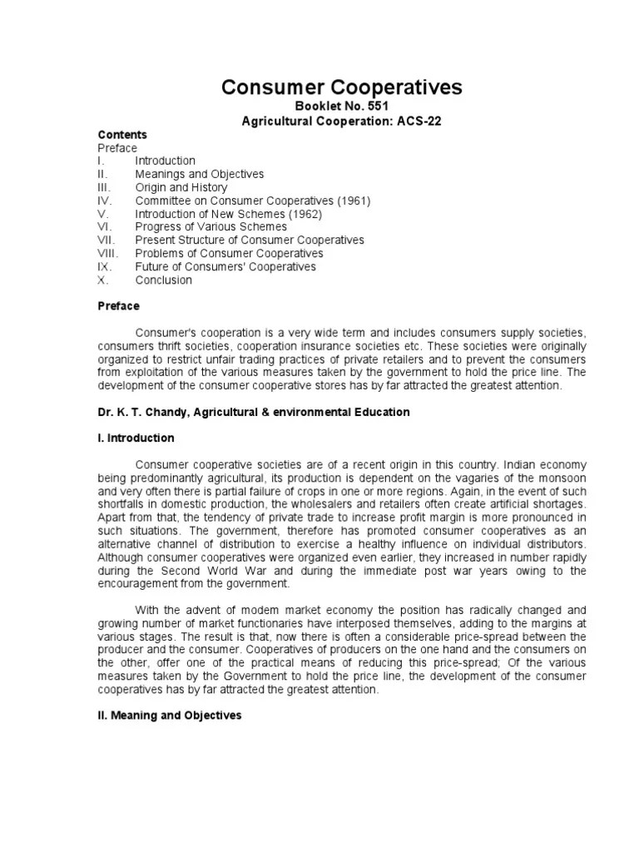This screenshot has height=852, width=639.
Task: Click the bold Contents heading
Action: (122, 135)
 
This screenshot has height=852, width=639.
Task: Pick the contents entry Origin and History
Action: (181, 187)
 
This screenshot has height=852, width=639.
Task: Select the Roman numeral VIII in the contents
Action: (109, 254)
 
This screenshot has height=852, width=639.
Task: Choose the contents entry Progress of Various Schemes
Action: (211, 227)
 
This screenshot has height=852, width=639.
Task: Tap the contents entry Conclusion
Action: (163, 280)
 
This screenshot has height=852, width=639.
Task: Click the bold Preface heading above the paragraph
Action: (119, 306)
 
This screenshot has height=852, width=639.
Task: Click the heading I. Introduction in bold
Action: (136, 438)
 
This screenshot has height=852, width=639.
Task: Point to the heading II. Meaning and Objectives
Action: (170, 715)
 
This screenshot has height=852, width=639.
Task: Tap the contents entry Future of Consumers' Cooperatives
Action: (225, 267)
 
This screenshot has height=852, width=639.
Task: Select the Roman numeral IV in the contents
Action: (105, 201)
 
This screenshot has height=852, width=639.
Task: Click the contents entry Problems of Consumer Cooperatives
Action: (229, 254)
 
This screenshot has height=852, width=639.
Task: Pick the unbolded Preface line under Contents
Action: (117, 147)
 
